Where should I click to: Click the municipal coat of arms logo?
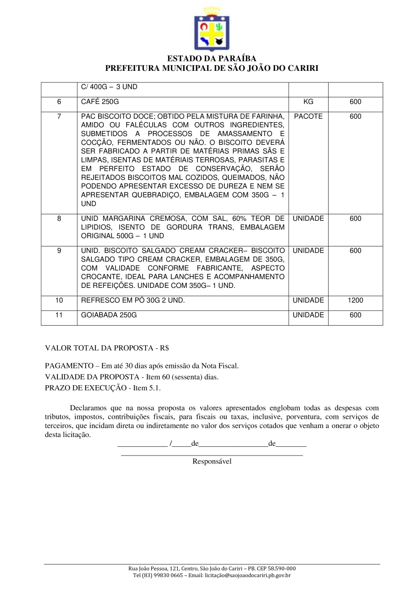point(211,29)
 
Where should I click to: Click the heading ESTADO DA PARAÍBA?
point(211,59)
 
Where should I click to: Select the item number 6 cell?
point(59,102)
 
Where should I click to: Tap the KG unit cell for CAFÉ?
point(308,102)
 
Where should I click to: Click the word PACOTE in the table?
point(308,116)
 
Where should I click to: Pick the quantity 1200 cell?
point(355,300)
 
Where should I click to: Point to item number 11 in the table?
point(59,315)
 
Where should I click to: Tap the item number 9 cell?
point(59,251)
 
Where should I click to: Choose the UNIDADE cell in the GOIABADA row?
point(308,315)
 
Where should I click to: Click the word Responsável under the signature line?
point(212,461)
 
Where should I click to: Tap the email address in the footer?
point(248,575)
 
